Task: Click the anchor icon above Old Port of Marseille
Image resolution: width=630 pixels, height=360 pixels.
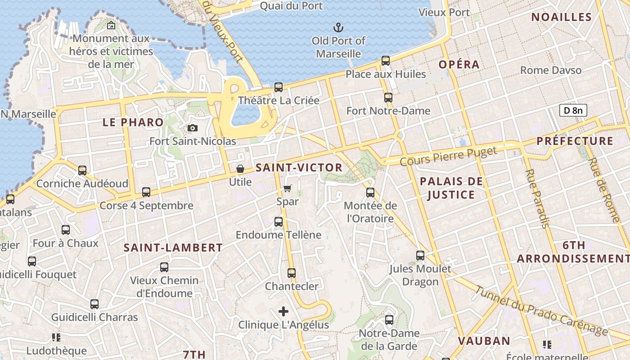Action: [338, 27]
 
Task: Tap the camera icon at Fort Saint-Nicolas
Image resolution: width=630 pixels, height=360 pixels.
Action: [193, 128]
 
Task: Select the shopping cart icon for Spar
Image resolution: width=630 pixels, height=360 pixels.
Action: [287, 189]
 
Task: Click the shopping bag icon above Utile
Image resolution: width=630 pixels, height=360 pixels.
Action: [240, 169]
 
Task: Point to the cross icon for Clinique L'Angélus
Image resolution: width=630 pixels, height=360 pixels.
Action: [283, 311]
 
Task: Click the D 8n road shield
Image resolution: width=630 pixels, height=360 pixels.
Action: [573, 110]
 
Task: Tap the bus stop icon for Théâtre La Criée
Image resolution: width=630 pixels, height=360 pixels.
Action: [279, 87]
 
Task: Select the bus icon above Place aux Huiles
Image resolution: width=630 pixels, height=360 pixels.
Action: [386, 61]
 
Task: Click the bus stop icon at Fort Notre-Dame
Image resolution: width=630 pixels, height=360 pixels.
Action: [388, 98]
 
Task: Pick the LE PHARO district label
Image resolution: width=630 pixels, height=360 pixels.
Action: [133, 122]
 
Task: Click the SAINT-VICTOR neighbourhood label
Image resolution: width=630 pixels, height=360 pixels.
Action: [299, 168]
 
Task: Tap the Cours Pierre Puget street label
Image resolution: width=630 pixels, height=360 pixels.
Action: [448, 156]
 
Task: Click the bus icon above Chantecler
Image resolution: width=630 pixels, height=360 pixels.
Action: [292, 273]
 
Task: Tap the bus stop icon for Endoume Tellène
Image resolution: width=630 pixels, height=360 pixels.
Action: [279, 222]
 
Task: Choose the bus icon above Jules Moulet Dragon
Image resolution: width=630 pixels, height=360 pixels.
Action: [420, 256]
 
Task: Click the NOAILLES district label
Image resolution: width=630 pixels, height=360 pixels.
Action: [561, 18]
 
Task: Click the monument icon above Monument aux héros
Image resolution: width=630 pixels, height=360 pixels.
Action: [111, 26]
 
